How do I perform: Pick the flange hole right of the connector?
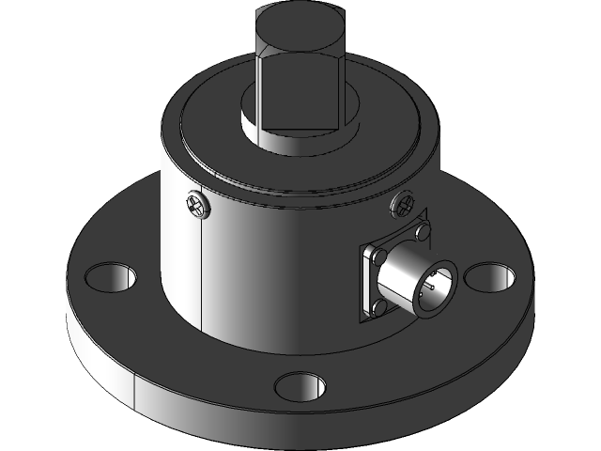pos(490,277)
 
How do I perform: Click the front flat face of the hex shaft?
pos(299,89)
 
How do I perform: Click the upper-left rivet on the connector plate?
pos(378,256)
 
